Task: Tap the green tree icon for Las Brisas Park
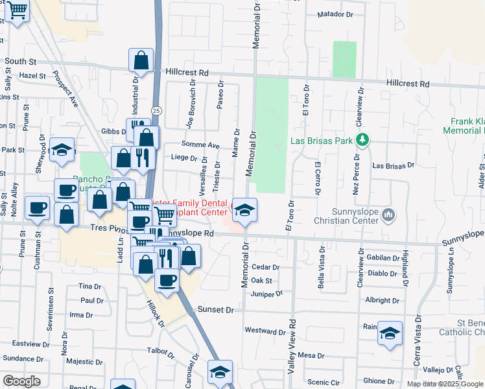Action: coord(363,140)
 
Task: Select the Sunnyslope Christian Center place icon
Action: coord(388,214)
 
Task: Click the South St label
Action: coord(20,61)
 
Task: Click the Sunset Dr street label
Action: coord(216,310)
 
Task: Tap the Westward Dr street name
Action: coord(261,331)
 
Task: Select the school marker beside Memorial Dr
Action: coord(244,210)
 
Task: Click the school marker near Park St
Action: coord(62,150)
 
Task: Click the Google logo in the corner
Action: coord(21,381)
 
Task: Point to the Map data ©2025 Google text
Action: coord(444,384)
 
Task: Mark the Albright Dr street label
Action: coord(382,301)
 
